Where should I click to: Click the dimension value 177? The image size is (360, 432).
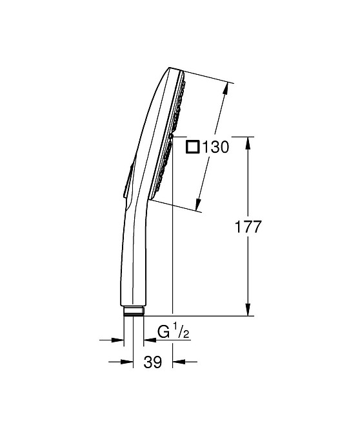pyautogui.click(x=248, y=226)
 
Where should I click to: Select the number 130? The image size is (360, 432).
pyautogui.click(x=215, y=147)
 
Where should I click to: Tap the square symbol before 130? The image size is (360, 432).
pyautogui.click(x=192, y=147)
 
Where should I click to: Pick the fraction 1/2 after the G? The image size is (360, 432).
pyautogui.click(x=182, y=331)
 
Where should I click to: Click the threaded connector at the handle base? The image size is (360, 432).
pyautogui.click(x=134, y=311)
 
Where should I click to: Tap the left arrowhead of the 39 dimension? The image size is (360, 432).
pyautogui.click(x=118, y=362)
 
